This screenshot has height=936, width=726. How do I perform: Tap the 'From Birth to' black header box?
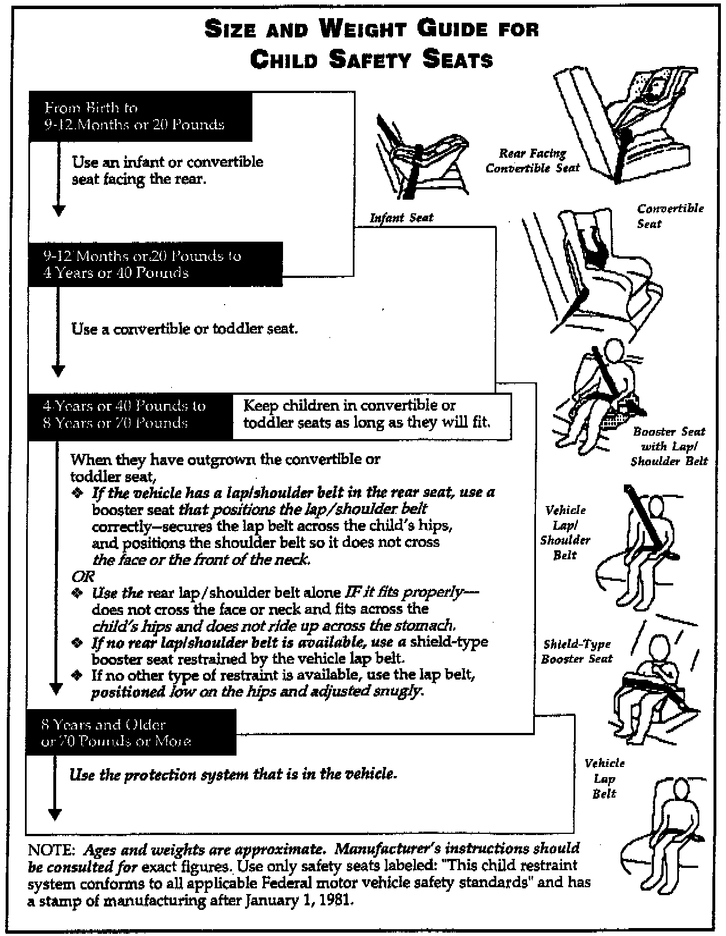pos(140,116)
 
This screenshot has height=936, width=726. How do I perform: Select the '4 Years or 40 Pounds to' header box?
pos(130,416)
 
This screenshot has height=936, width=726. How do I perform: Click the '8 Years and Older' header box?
pos(130,732)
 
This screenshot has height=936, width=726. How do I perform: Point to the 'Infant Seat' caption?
pos(402,218)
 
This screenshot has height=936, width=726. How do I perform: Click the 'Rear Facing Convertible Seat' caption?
pos(533,161)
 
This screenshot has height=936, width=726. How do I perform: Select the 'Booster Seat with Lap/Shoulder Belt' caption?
pos(670,446)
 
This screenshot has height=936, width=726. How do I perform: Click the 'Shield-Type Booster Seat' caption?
pos(577,651)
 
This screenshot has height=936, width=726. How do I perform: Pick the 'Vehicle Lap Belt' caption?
pos(604,778)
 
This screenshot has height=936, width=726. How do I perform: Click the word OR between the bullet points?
pos(83,576)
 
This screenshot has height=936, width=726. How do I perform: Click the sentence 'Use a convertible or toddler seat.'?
pos(184,328)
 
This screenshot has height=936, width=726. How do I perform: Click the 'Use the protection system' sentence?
pos(233,774)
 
